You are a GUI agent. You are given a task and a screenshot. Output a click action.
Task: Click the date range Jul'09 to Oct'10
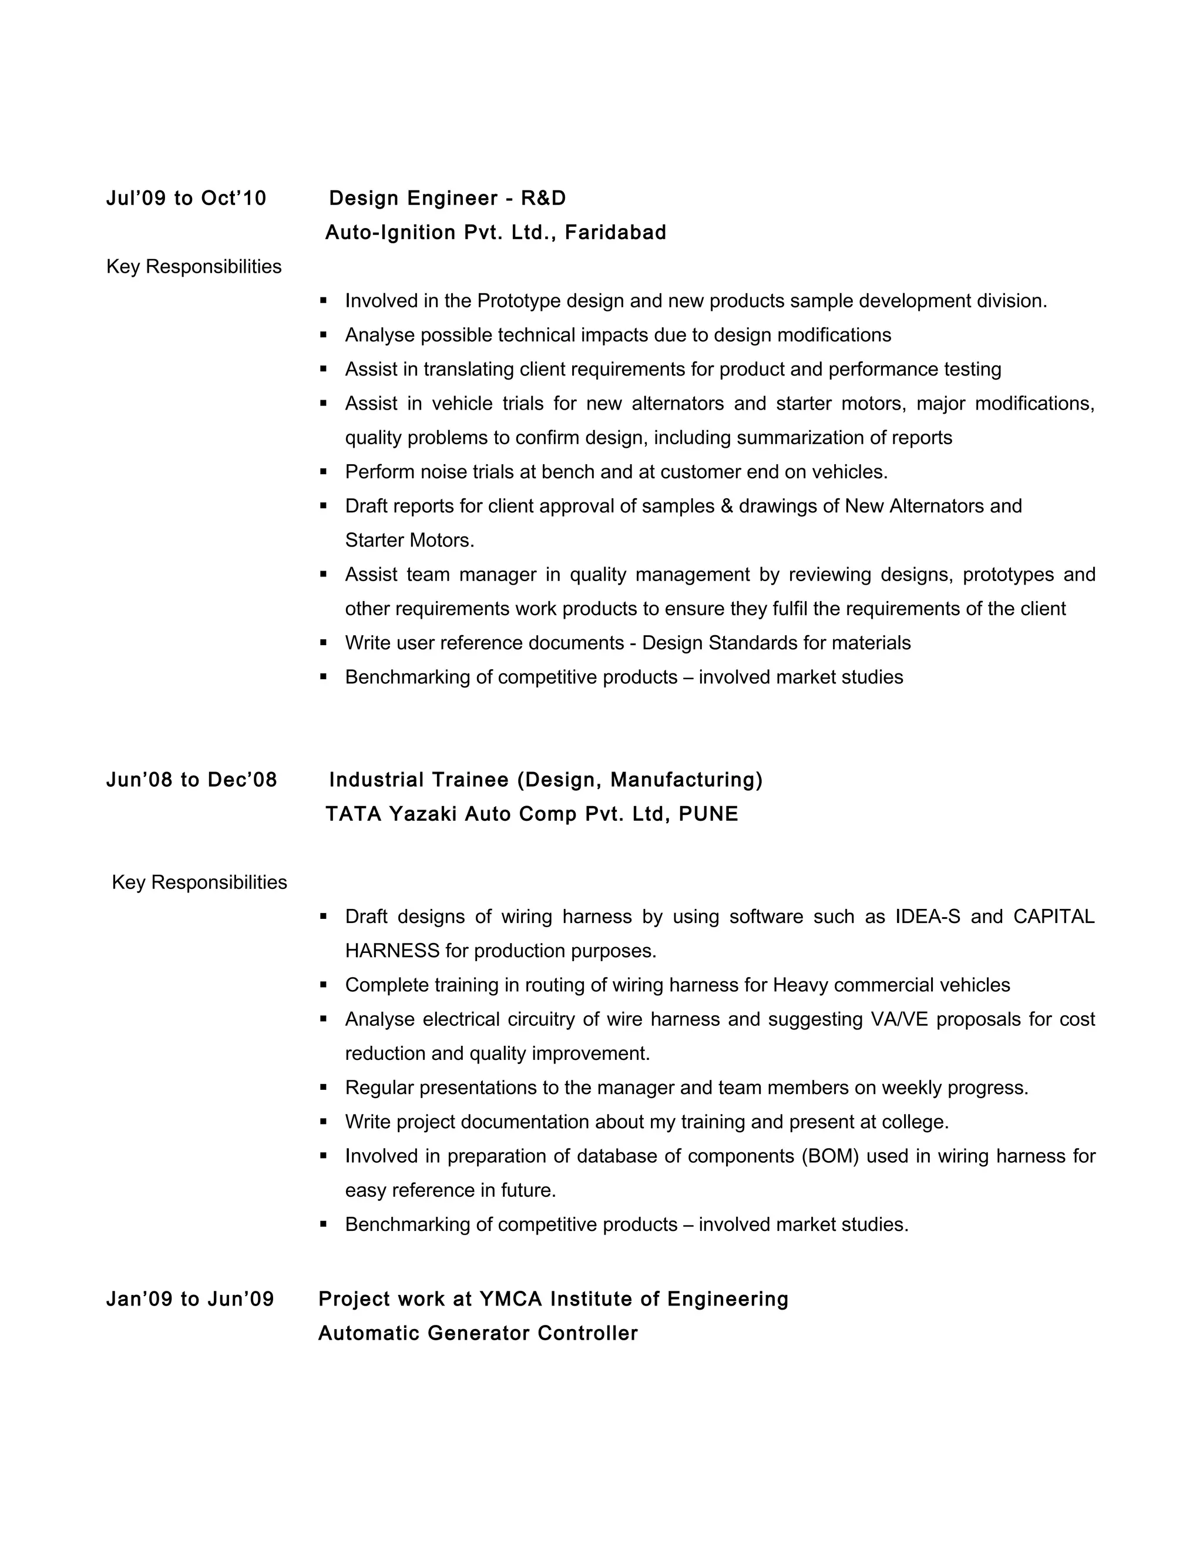[186, 198]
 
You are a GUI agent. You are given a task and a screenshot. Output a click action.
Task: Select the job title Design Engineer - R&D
[447, 198]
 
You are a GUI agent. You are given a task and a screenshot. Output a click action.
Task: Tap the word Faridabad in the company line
[615, 233]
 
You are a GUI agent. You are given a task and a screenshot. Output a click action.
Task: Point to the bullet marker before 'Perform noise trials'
[324, 471]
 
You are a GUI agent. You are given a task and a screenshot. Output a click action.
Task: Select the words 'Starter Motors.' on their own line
[409, 541]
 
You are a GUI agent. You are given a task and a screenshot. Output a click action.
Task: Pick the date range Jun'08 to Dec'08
[191, 780]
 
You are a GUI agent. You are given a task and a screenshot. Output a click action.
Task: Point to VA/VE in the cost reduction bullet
[899, 1019]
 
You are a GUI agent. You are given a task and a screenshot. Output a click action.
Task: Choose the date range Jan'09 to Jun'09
[190, 1299]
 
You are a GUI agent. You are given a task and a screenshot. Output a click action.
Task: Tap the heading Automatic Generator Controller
[478, 1333]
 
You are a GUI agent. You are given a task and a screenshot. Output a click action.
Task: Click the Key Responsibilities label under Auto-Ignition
[194, 267]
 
